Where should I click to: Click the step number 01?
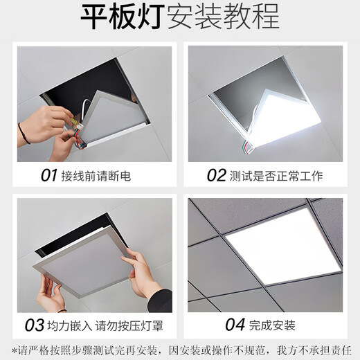pos(48,175)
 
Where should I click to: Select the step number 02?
pos(217,175)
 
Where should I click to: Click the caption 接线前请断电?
pos(96,176)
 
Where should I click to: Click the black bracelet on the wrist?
pos(24,133)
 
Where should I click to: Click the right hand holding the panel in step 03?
pos(145,277)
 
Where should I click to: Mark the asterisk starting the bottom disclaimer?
pos(15,345)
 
